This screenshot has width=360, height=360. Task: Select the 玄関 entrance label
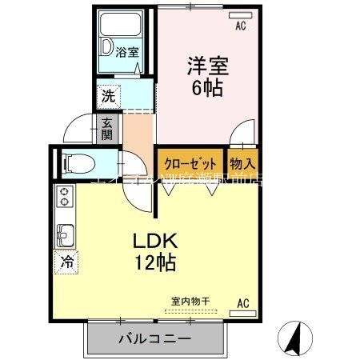106,128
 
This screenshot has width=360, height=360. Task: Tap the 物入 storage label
243,162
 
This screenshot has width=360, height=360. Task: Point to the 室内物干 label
191,301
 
